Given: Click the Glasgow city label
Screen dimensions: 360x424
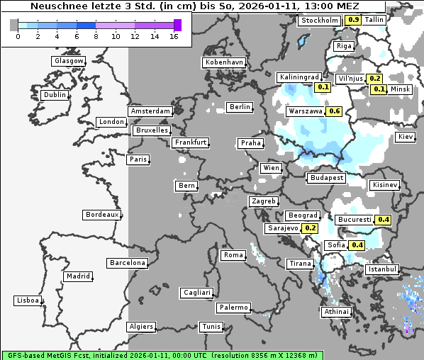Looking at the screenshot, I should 69,61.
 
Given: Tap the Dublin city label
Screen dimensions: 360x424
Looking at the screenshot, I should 54,95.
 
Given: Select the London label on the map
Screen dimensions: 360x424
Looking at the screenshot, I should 111,122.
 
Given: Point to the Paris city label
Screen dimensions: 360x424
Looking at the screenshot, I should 138,159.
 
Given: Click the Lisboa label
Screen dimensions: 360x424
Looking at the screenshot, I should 28,300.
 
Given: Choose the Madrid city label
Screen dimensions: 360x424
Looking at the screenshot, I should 77,276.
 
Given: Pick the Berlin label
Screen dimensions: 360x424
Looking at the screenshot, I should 240,107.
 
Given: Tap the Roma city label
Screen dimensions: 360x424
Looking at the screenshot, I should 233,255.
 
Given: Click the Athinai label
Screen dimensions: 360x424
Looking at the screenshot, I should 336,312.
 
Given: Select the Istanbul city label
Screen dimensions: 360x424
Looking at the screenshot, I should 383,270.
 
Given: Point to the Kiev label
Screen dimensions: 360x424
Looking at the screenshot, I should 406,137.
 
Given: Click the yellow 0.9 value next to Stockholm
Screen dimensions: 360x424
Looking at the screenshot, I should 352,20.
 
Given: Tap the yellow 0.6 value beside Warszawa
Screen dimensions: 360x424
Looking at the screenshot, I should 335,111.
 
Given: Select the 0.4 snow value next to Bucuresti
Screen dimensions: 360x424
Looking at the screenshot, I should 384,220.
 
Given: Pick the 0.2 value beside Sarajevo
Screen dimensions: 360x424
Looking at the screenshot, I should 310,228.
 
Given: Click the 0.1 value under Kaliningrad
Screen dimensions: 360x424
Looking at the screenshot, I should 323,87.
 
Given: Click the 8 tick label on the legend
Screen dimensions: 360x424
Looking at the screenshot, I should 96,36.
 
